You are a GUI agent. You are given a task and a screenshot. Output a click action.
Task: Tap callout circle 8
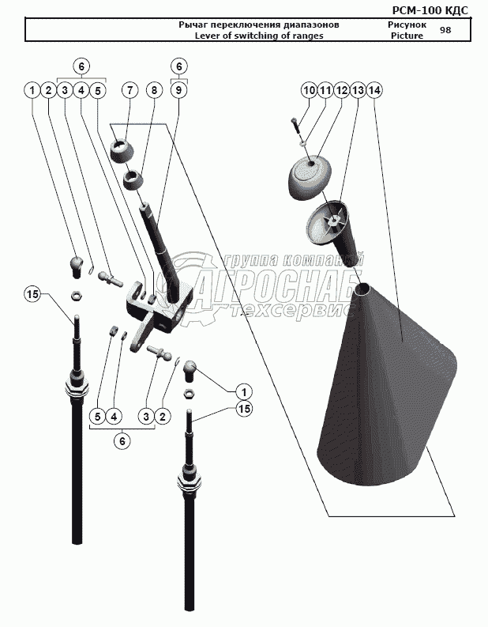coord(154,91)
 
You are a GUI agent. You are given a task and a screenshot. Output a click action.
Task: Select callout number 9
coord(179,91)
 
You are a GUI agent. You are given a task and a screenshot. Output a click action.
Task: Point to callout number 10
coord(309,91)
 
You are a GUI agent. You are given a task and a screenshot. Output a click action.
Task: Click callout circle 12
coord(341,91)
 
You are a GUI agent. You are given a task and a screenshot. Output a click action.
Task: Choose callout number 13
coord(358,91)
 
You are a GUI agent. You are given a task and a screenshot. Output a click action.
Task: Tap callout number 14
coord(374,91)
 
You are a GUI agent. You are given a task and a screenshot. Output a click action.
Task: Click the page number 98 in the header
coord(445,30)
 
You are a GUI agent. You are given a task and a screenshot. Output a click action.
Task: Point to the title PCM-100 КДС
coord(430,9)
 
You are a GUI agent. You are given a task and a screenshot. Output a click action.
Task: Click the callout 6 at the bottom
coord(122,442)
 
